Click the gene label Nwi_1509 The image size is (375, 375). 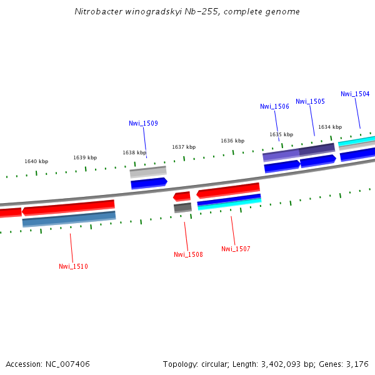point(143,123)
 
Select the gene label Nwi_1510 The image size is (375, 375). point(73,266)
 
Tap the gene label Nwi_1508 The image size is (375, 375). point(188,254)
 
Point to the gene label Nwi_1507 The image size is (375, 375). point(236,249)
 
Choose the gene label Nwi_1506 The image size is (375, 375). point(274,106)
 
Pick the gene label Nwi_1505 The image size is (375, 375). point(310,101)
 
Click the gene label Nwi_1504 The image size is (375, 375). point(355,94)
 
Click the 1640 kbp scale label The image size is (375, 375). point(36,161)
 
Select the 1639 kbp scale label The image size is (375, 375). point(85,157)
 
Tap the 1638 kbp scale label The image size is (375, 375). point(134,152)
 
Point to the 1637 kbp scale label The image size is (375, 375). point(184,147)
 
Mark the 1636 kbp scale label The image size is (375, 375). point(232,141)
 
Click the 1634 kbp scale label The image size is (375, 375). point(330,127)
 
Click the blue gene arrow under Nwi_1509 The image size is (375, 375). point(149,183)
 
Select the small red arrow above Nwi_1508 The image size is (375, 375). point(182,197)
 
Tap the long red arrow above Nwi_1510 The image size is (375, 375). point(68,207)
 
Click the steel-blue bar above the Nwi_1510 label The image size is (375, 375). point(69,219)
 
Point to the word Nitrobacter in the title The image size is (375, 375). point(96,11)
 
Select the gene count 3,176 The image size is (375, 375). point(357,364)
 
